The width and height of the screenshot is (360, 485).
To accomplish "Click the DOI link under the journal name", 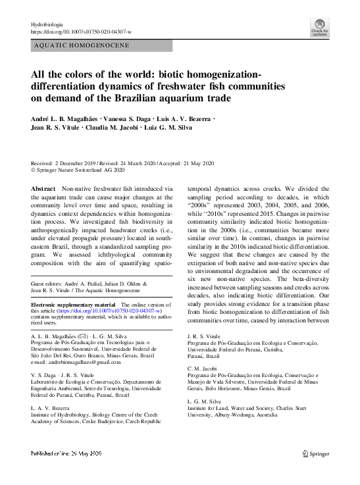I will click(x=81, y=31).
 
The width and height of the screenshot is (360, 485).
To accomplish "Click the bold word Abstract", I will click(x=43, y=188).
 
